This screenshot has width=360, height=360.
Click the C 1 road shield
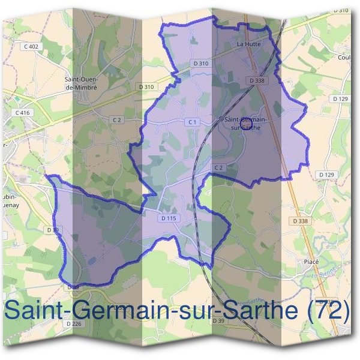click(x=192, y=122)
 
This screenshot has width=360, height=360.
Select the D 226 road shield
click(x=74, y=324)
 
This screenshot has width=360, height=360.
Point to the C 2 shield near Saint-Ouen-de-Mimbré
click(x=118, y=120)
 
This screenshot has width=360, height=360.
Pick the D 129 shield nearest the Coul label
click(x=340, y=98)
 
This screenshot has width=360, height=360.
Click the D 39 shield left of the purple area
click(x=52, y=229)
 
